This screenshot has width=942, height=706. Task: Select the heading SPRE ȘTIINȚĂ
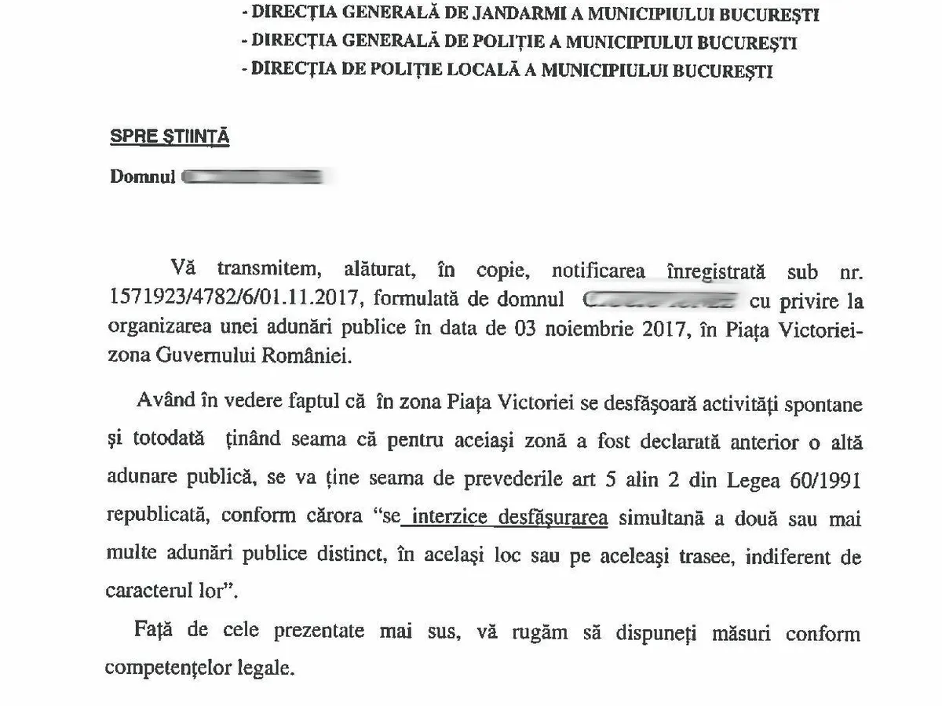[170, 136]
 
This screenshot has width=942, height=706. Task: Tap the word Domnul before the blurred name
[141, 176]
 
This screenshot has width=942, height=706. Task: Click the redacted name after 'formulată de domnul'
[659, 300]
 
